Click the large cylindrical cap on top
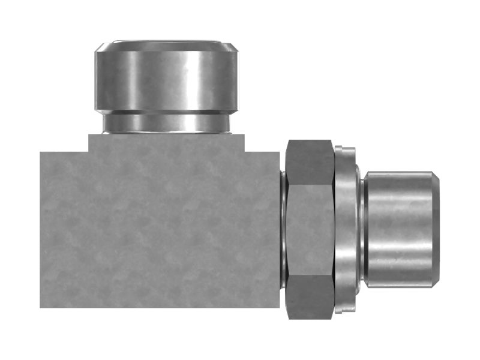(x=166, y=77)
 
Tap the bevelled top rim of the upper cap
(x=166, y=45)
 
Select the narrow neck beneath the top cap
(x=166, y=124)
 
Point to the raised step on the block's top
(x=166, y=142)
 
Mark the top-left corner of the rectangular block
(x=41, y=152)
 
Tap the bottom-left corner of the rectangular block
(x=41, y=307)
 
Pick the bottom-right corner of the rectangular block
(x=279, y=307)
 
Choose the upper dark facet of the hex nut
(x=310, y=162)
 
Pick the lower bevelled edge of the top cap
(x=166, y=111)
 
